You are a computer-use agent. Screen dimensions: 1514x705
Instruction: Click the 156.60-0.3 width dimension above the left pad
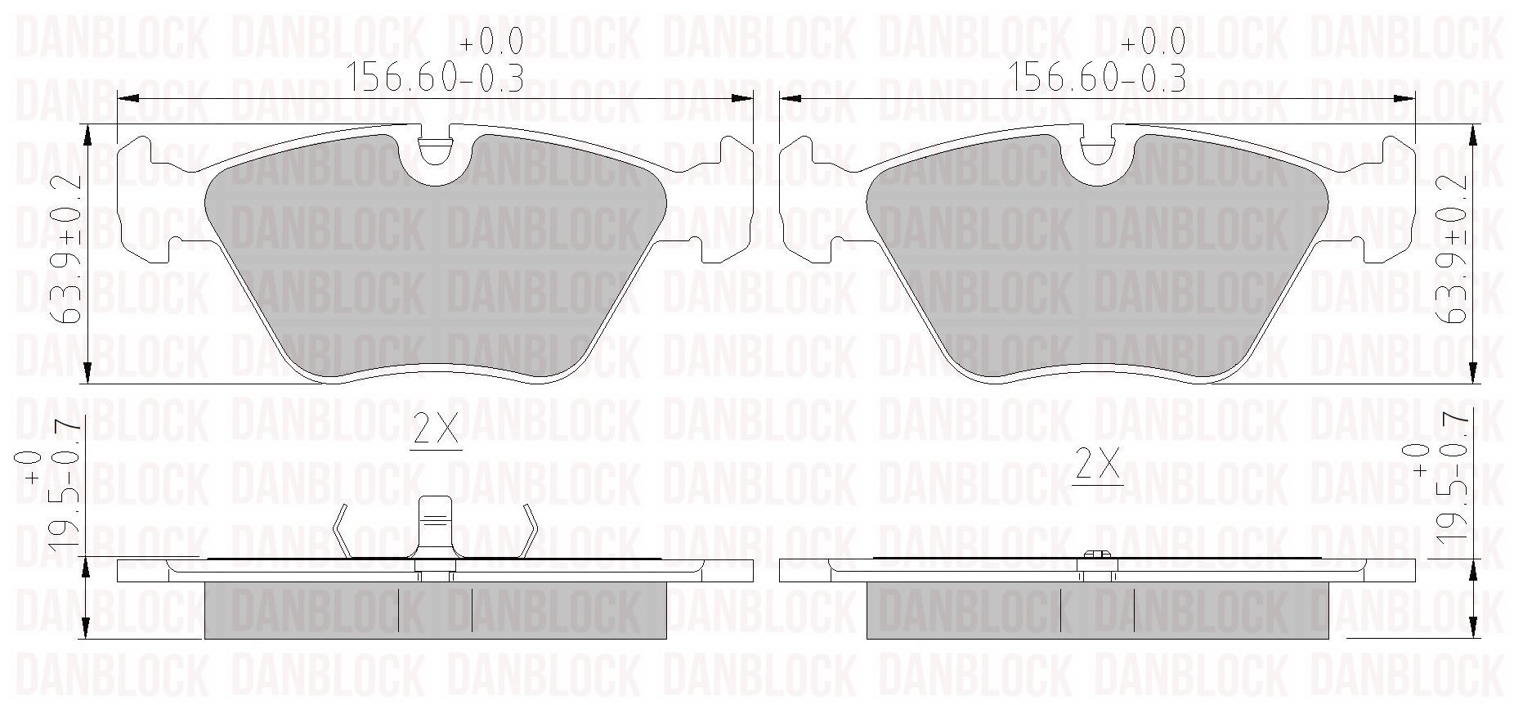tap(436, 78)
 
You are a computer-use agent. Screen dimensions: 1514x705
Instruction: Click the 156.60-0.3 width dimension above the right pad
tap(1098, 78)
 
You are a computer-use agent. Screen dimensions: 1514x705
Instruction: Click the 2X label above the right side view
tap(1098, 467)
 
